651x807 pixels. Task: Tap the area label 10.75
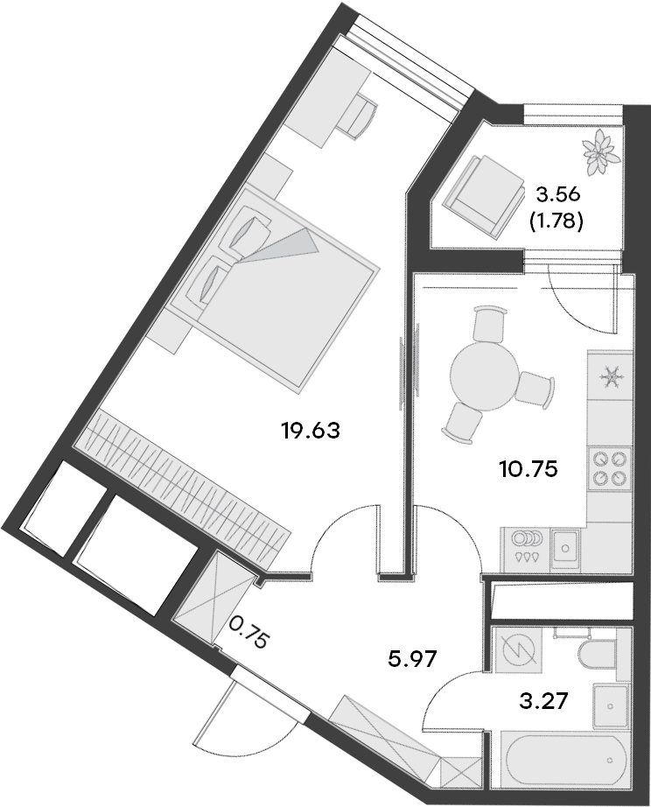[x=528, y=467]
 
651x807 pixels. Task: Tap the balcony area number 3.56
[x=556, y=194]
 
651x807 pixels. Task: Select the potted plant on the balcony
[x=600, y=150]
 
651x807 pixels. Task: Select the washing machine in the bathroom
[x=519, y=651]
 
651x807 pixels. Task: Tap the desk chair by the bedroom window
[x=360, y=116]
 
